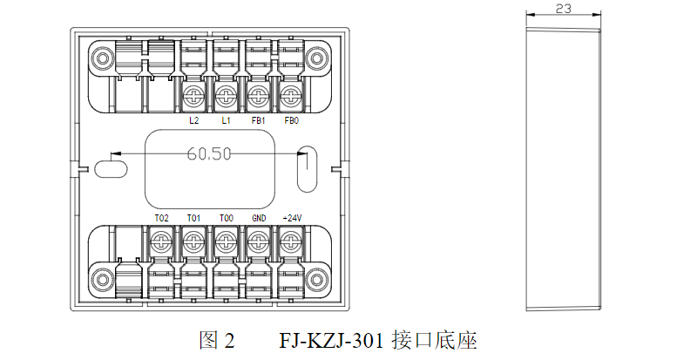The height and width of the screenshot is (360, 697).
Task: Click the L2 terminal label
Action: (x=193, y=120)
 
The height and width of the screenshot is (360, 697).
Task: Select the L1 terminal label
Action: (x=226, y=120)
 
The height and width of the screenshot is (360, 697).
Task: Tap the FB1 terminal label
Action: (x=258, y=120)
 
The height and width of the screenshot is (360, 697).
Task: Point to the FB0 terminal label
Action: (x=291, y=120)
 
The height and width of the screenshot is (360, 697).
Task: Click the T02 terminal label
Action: (x=161, y=218)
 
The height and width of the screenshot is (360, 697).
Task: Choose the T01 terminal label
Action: (x=193, y=218)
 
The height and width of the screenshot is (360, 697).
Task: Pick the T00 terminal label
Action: (x=226, y=218)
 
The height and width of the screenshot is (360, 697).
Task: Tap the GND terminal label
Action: (x=258, y=218)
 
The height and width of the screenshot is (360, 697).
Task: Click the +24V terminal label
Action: (x=291, y=218)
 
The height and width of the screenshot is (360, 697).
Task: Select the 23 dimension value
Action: (x=563, y=9)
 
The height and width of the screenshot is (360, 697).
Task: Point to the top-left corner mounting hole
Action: (x=101, y=58)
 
